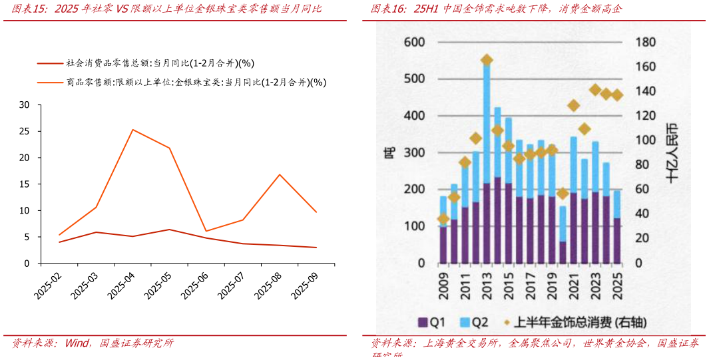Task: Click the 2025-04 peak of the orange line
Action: coord(133,130)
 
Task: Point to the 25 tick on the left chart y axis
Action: coord(25,131)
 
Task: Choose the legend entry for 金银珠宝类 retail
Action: coord(196,83)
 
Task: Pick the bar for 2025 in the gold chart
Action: coord(616,226)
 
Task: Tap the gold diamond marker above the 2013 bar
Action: coord(487,61)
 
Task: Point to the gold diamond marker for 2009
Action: coord(443,219)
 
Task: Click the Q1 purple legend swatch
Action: coord(423,323)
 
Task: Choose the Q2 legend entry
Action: coord(473,323)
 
